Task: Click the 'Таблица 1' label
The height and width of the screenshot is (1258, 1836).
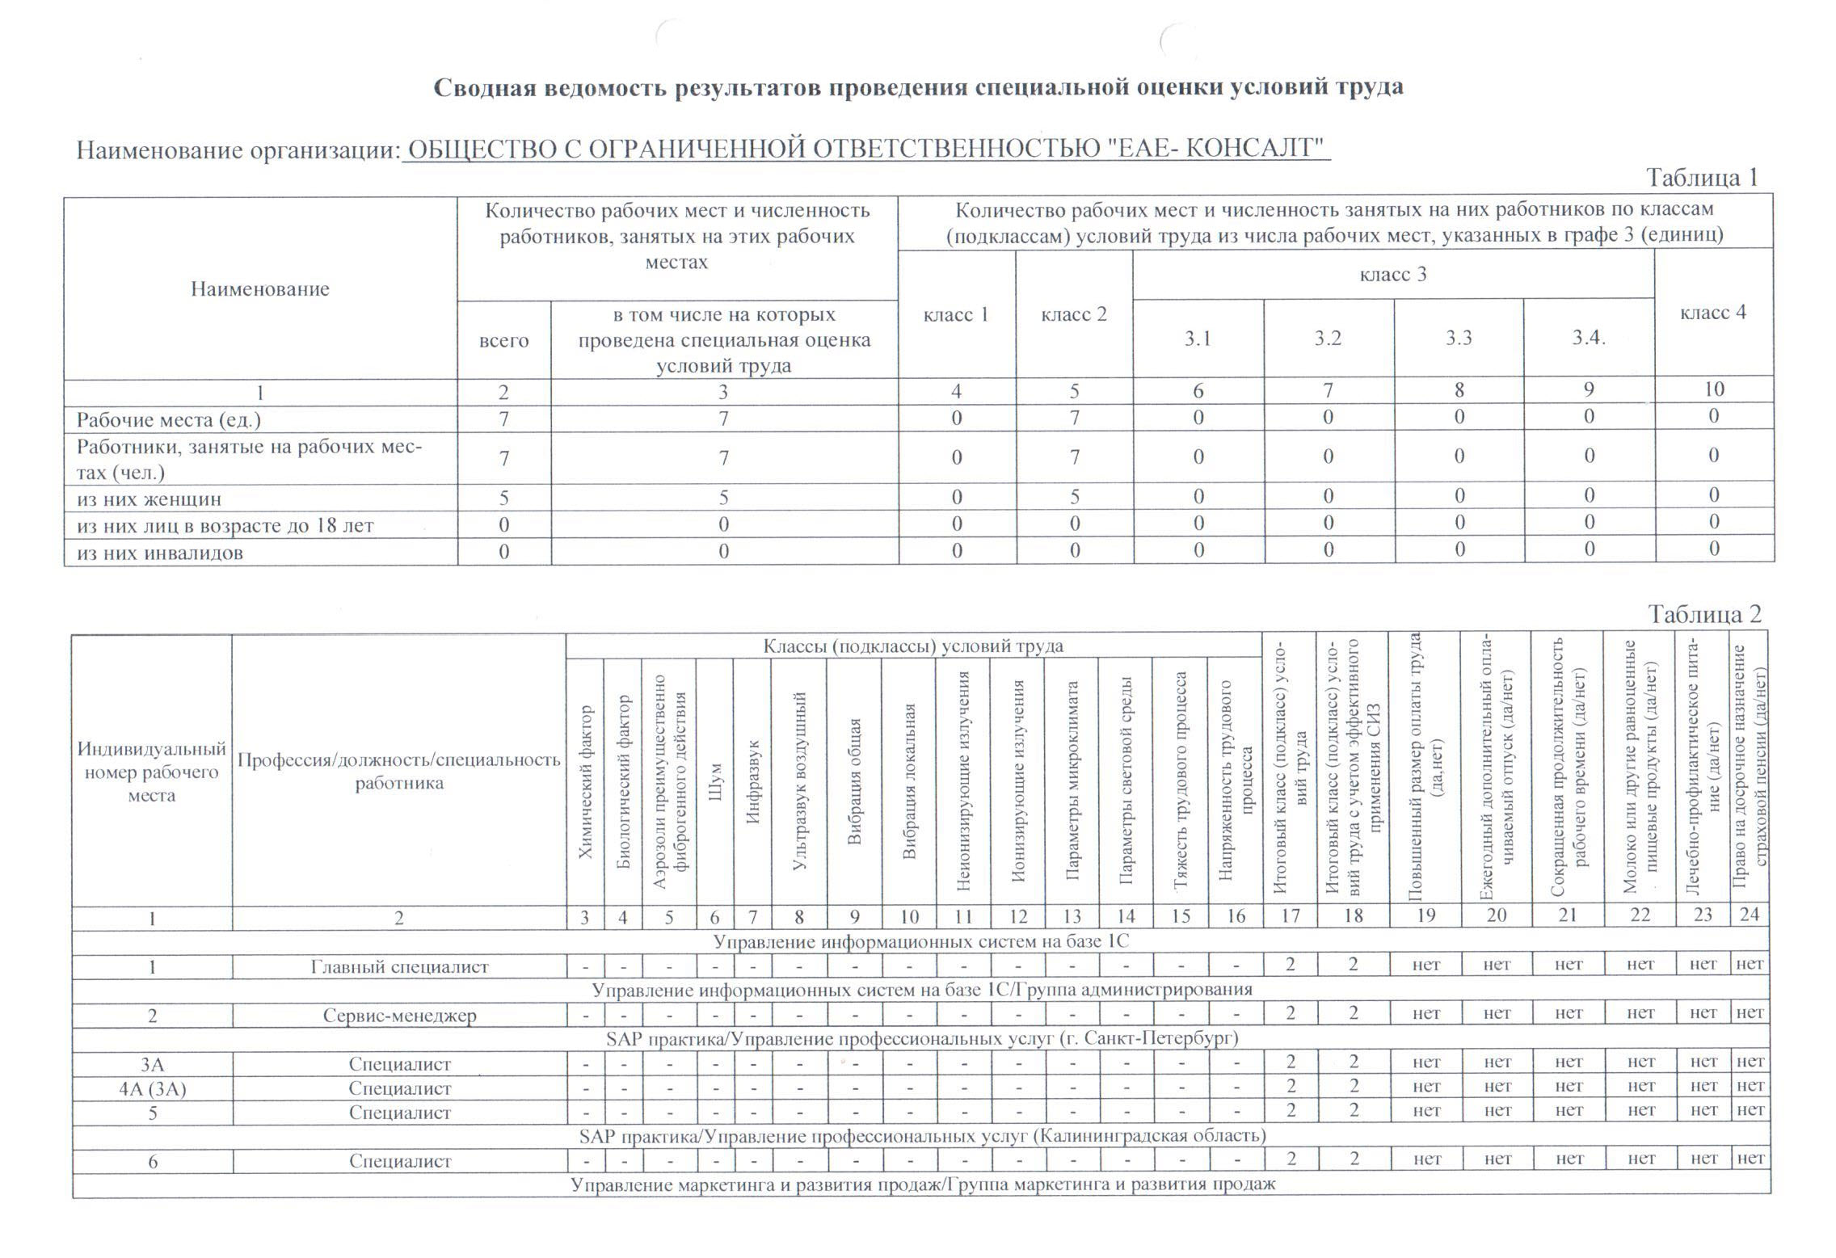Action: click(x=1702, y=178)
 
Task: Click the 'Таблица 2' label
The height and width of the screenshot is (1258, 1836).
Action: click(x=1704, y=615)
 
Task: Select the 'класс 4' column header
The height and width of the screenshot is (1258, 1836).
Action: click(x=1712, y=313)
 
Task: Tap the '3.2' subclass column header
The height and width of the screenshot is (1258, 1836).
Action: click(x=1328, y=339)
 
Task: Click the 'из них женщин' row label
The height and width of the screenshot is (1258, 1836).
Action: click(x=149, y=499)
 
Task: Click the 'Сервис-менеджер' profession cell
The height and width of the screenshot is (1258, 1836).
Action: click(x=399, y=1016)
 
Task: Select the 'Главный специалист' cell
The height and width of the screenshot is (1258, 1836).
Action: click(x=399, y=967)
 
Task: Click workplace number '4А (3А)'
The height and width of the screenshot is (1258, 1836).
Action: click(x=152, y=1088)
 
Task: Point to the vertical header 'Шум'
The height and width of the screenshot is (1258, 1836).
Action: click(x=714, y=782)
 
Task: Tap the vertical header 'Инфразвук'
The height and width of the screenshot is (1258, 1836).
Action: click(x=752, y=782)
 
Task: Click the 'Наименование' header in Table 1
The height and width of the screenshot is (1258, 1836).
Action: click(x=260, y=289)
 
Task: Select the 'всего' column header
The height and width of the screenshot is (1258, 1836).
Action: click(x=503, y=340)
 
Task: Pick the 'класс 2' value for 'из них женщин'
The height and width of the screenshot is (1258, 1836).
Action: click(x=1074, y=497)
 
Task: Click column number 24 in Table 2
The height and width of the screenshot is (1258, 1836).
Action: click(x=1749, y=915)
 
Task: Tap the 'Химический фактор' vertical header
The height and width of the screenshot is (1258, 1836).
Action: click(x=585, y=782)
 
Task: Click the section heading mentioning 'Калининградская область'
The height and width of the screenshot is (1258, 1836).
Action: click(x=922, y=1136)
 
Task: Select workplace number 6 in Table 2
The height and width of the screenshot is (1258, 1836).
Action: click(x=152, y=1162)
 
